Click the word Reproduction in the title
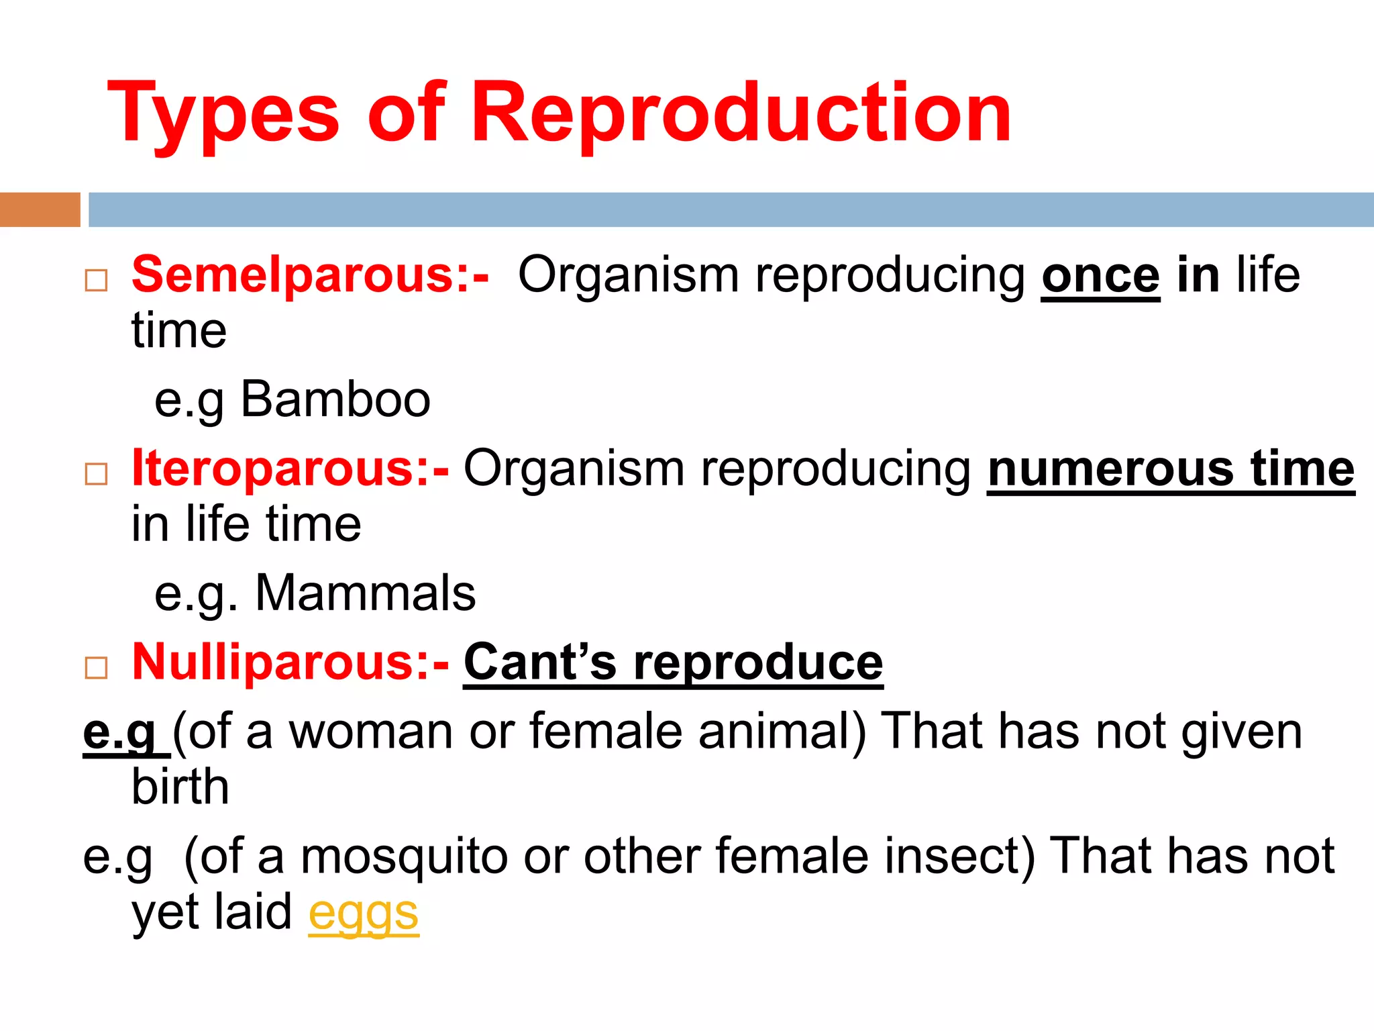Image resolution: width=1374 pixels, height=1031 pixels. pyautogui.click(x=741, y=114)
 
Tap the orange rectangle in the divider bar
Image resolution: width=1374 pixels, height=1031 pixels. pyautogui.click(x=40, y=209)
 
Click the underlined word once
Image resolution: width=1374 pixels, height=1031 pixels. pyautogui.click(x=1100, y=277)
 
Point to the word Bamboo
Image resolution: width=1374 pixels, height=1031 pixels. pyautogui.click(x=335, y=399)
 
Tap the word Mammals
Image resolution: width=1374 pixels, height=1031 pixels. pyautogui.click(x=366, y=593)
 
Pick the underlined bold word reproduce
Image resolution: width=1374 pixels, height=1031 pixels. pyautogui.click(x=758, y=662)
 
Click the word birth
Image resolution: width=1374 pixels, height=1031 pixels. pyautogui.click(x=180, y=787)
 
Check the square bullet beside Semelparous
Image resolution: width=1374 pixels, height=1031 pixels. pyautogui.click(x=97, y=280)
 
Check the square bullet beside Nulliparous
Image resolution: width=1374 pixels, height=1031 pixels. pyautogui.click(x=97, y=667)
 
